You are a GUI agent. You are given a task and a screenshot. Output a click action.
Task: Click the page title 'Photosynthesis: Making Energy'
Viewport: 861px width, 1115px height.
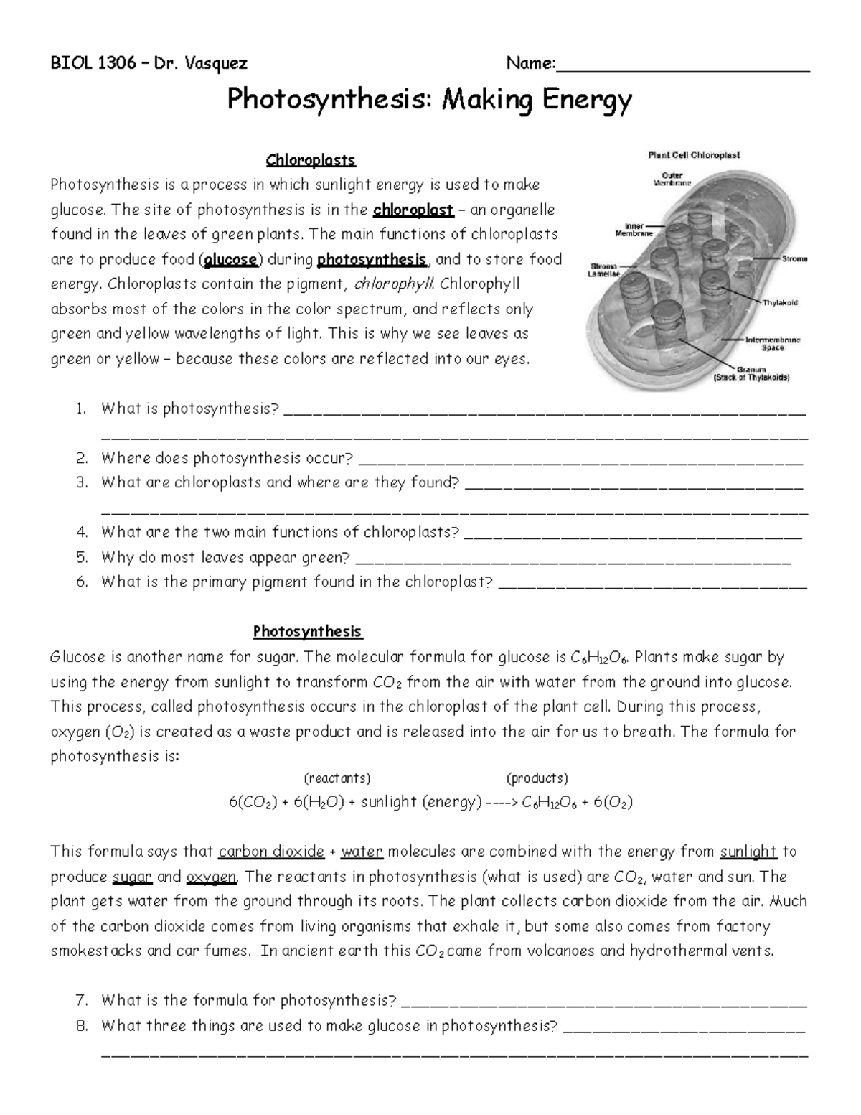click(x=429, y=100)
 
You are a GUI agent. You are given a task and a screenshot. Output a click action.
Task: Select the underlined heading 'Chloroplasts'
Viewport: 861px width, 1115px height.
click(x=311, y=159)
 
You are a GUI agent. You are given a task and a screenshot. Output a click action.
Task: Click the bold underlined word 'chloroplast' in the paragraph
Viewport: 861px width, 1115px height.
click(x=413, y=210)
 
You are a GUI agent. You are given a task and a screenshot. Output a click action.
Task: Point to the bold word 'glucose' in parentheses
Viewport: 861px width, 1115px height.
click(x=230, y=259)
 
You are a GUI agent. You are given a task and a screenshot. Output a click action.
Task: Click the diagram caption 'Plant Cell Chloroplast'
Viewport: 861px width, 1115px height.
click(x=694, y=154)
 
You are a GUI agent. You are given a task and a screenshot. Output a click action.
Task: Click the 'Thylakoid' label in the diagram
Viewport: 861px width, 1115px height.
click(x=780, y=302)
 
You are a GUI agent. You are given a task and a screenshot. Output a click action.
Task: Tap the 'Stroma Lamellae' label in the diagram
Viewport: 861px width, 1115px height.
click(x=605, y=269)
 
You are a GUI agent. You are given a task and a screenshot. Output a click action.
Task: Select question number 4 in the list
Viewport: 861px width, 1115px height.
click(x=82, y=532)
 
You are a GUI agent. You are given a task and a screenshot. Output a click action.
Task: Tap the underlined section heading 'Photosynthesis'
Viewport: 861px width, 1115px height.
click(x=308, y=632)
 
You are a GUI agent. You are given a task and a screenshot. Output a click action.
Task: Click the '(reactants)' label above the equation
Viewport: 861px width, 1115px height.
click(x=337, y=778)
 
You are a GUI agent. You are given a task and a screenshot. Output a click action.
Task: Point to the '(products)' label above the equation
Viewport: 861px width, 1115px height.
click(x=537, y=778)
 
